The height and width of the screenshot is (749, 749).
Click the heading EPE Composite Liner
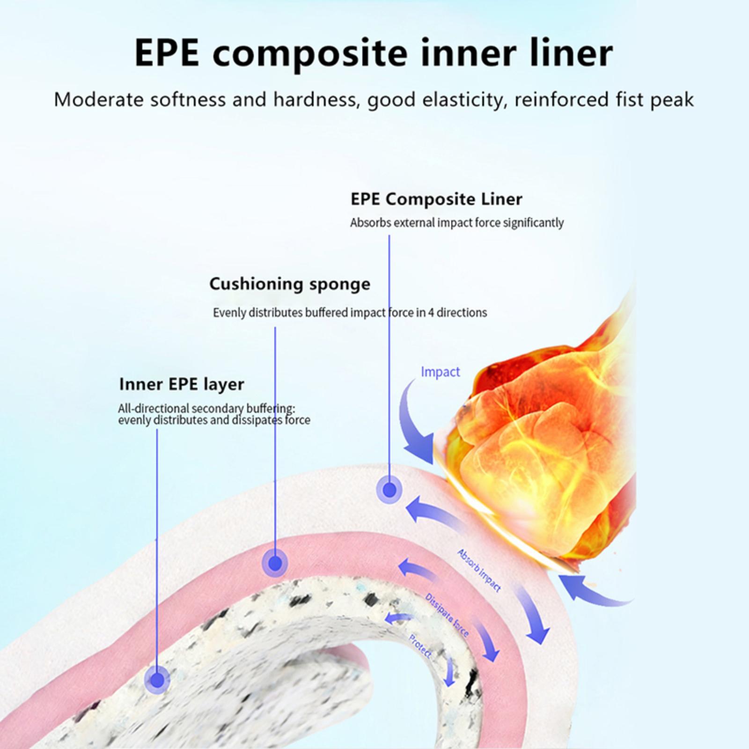(436, 199)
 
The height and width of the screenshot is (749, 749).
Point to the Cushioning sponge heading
(290, 284)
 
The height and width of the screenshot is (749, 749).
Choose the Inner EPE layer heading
(182, 384)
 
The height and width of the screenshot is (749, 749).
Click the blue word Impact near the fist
(440, 372)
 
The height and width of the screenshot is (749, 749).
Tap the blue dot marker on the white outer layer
(389, 490)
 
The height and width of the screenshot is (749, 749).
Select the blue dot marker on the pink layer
(275, 563)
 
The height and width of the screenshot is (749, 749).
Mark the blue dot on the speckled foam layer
(157, 679)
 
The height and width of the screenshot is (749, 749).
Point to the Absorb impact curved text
(479, 570)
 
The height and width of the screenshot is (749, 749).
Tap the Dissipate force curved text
(447, 615)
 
